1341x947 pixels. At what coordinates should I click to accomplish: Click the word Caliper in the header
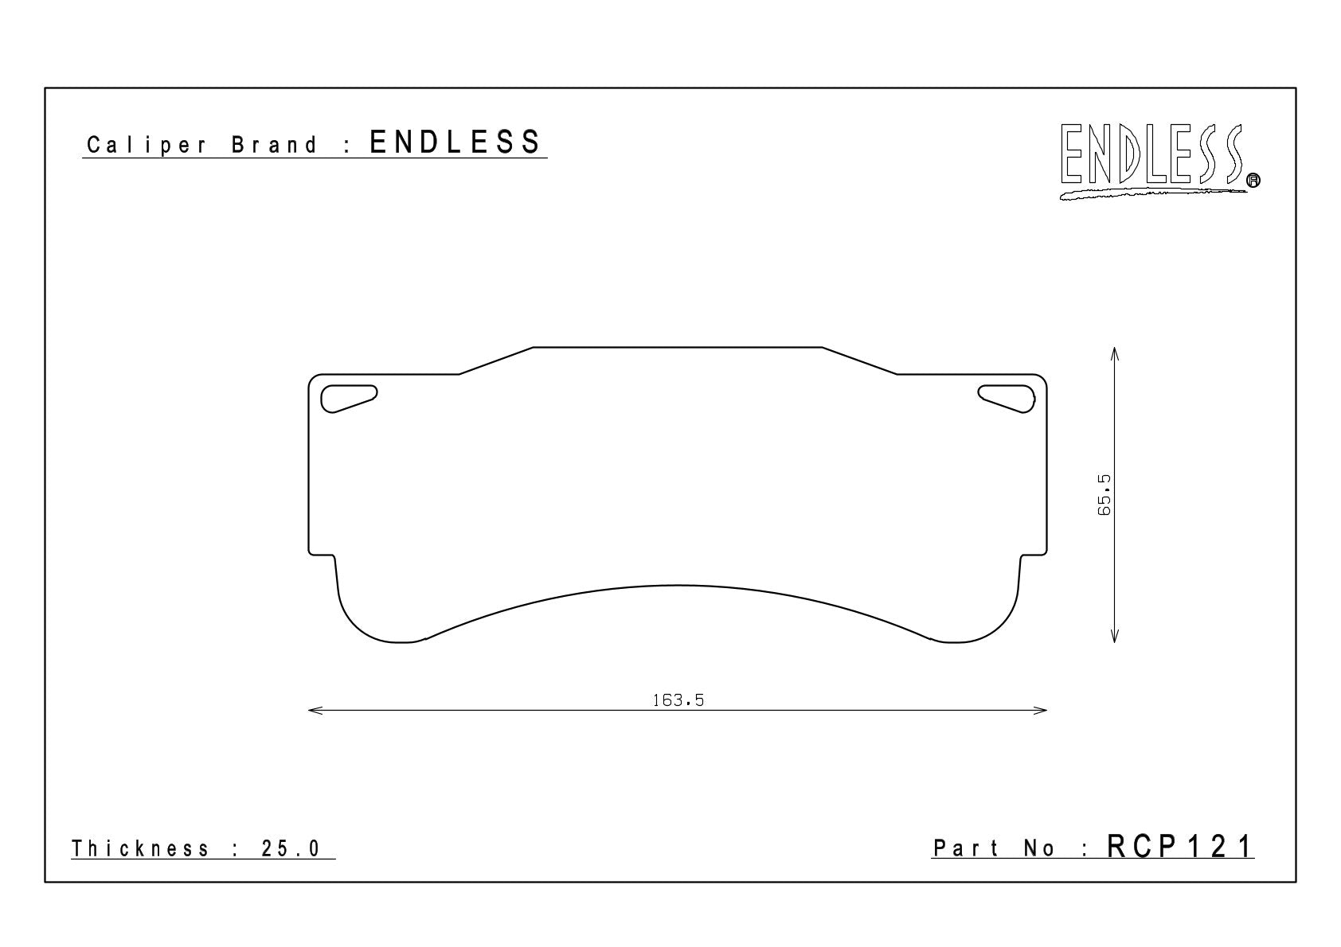(x=147, y=146)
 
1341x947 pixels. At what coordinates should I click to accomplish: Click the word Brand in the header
(x=275, y=145)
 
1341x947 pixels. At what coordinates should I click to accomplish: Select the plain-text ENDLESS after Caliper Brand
(x=455, y=142)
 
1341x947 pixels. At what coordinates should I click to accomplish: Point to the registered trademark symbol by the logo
(x=1253, y=180)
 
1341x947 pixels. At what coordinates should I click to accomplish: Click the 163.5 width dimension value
(x=678, y=700)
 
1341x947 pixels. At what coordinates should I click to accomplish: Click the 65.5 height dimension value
(x=1104, y=495)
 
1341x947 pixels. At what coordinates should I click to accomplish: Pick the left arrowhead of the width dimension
(x=315, y=711)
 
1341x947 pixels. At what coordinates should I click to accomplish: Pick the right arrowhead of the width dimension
(x=1040, y=711)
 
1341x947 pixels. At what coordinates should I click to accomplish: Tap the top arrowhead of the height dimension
(x=1114, y=353)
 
